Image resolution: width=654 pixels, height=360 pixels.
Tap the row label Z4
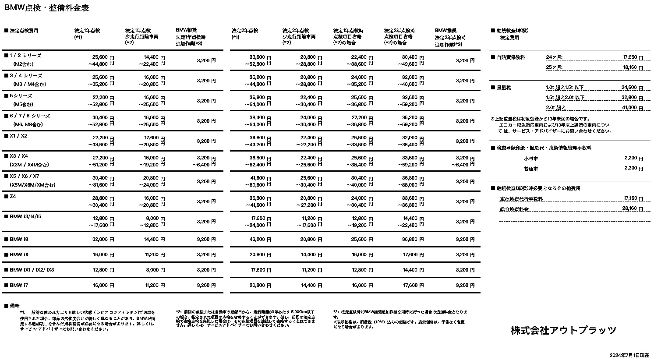click(13, 197)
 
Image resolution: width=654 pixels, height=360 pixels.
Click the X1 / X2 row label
click(18, 136)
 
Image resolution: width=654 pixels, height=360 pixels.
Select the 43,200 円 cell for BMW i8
click(260, 239)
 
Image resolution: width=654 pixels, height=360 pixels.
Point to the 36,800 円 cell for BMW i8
click(413, 239)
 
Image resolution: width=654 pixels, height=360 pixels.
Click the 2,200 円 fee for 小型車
click(633, 158)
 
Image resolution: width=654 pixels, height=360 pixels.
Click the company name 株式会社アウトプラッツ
click(563, 330)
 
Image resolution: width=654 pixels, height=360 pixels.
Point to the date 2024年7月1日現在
click(629, 355)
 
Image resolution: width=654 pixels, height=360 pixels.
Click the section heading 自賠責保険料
click(510, 57)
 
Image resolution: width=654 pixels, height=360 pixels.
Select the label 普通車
click(531, 169)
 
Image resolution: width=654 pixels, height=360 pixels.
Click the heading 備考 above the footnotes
click(14, 306)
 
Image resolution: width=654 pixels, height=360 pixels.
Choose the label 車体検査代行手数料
click(521, 199)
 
